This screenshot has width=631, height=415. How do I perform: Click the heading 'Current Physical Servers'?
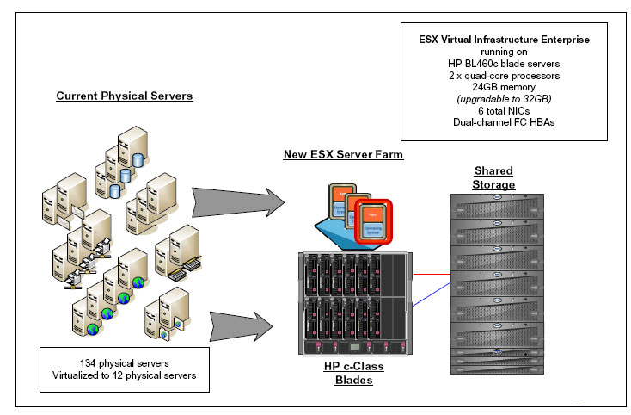pos(124,96)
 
